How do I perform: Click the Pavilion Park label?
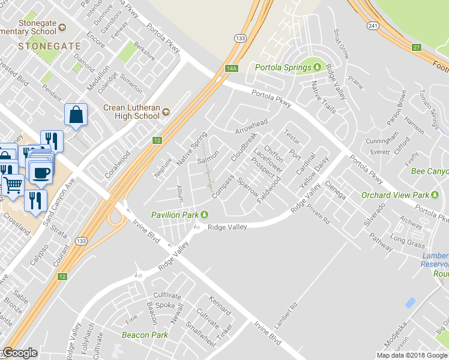point(175,214)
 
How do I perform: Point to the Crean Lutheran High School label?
point(131,112)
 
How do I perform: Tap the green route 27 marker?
point(416,47)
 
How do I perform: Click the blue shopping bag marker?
point(76,115)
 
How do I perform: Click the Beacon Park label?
point(145,335)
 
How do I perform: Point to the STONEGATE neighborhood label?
point(41,46)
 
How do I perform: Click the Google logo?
point(20,353)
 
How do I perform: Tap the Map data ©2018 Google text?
point(412,355)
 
